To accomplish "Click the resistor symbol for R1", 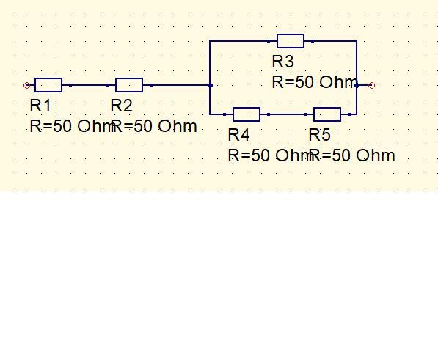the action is (48, 85).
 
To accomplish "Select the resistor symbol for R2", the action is (129, 85).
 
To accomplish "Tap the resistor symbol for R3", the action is (291, 41).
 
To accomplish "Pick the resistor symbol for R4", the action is (247, 114).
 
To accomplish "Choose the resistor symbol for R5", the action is (327, 114).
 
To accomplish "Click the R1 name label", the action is (40, 106).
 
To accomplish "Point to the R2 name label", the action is (122, 106).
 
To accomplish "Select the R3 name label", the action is (283, 62).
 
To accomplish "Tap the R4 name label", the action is (239, 135).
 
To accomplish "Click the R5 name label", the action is (320, 135).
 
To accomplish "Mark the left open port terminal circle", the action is (27, 85).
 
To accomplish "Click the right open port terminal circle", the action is (371, 85).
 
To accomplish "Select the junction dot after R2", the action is (210, 85).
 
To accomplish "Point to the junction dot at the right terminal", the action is (357, 85).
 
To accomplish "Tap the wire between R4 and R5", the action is (287, 114).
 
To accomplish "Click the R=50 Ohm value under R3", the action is (315, 82).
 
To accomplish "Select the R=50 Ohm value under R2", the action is (154, 126).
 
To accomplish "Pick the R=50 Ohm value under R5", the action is (352, 155).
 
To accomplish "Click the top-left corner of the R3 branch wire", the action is (210, 41).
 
